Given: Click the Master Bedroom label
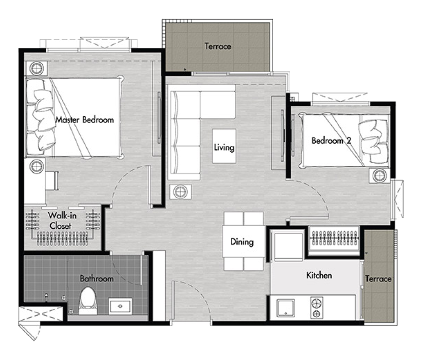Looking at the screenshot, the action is (x=84, y=120).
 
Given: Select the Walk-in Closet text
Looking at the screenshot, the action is (x=62, y=221).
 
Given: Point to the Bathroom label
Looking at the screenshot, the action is (x=97, y=278).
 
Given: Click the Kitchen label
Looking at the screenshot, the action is (x=319, y=275).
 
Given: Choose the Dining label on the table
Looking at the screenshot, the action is (x=242, y=242).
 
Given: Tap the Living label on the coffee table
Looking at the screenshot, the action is (x=224, y=147).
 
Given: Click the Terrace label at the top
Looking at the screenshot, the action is (x=218, y=46).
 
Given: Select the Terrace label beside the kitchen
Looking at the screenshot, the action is (x=378, y=279).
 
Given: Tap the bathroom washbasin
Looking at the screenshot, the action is (x=120, y=306).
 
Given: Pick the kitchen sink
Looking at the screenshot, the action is (x=286, y=308).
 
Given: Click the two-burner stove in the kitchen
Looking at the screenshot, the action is (x=317, y=308).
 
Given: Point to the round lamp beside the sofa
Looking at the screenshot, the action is (x=181, y=192).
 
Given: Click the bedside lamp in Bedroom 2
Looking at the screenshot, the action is (x=380, y=176).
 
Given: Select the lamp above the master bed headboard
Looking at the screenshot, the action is (x=36, y=68).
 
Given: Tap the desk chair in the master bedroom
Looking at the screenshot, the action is (x=52, y=181).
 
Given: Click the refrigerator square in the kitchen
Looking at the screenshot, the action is (x=288, y=246).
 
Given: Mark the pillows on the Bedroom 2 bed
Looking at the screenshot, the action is (x=373, y=141).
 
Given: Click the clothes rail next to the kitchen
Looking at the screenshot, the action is (x=334, y=238).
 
